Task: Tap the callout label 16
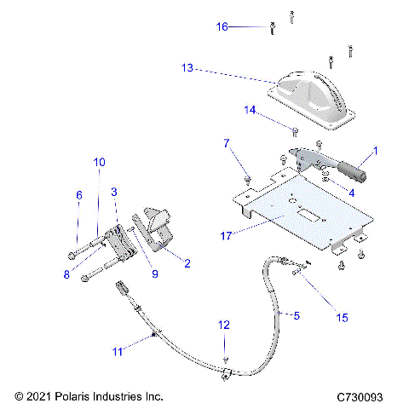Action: [222, 27]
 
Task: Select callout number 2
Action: [186, 264]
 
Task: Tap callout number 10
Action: [100, 162]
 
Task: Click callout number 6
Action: [79, 195]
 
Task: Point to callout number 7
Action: [227, 144]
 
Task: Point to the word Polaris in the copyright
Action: [78, 397]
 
